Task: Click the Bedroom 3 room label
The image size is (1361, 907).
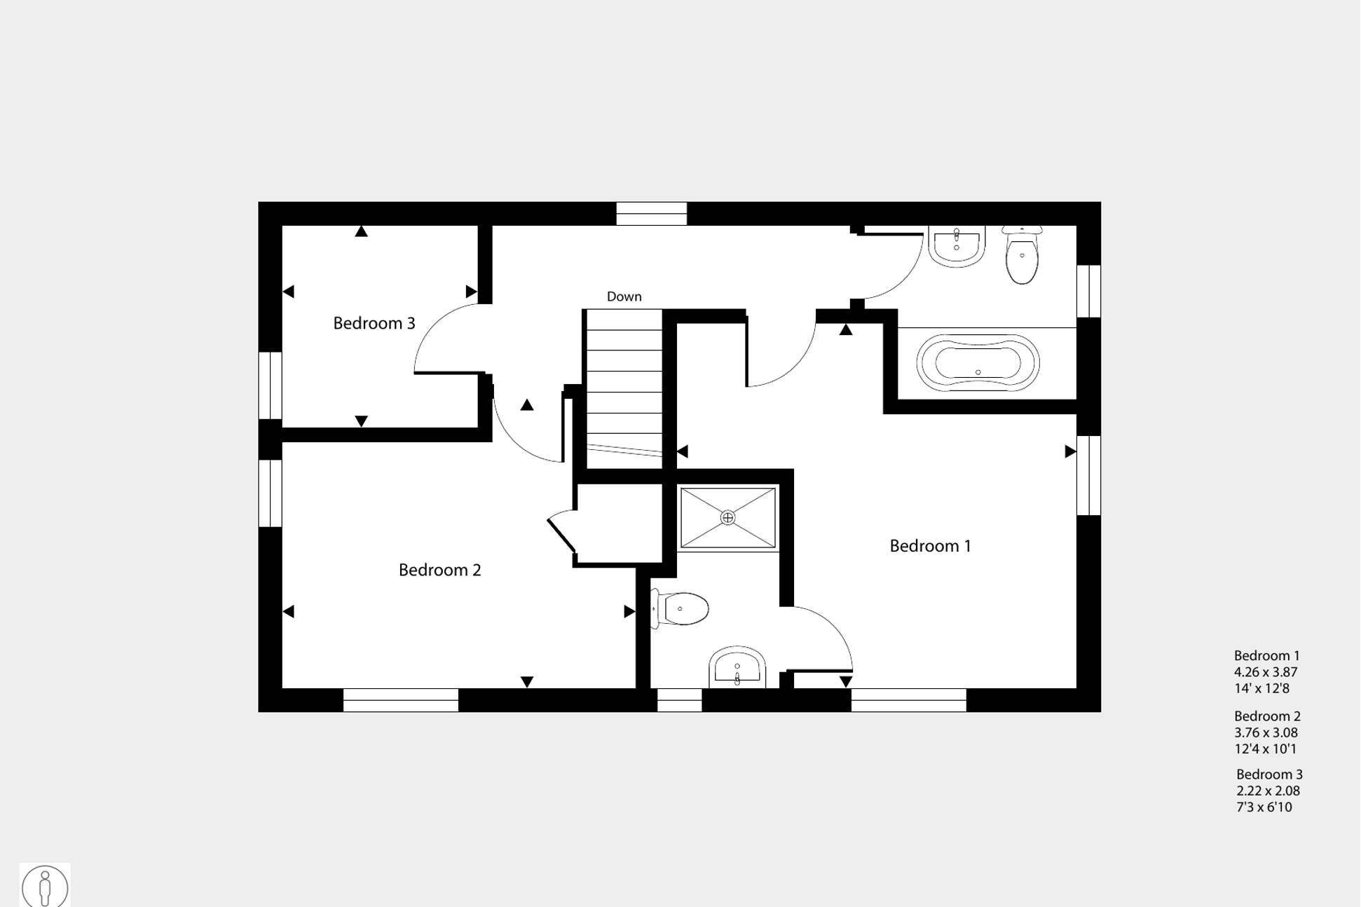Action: (x=374, y=323)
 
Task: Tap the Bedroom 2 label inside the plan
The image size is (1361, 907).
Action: (x=439, y=570)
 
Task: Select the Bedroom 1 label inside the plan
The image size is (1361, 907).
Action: (x=930, y=546)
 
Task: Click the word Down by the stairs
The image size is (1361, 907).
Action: (x=624, y=296)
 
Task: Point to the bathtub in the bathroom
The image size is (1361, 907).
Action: (x=978, y=362)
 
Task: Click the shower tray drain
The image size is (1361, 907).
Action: (x=727, y=518)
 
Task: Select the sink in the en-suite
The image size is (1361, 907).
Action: (x=737, y=667)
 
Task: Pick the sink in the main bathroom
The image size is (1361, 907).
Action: (x=957, y=245)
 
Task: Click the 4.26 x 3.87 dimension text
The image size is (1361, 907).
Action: (x=1266, y=671)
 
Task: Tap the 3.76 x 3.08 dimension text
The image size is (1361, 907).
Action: (x=1266, y=732)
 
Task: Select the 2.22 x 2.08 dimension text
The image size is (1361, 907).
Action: (x=1268, y=791)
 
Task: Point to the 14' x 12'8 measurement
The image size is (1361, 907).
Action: (x=1261, y=688)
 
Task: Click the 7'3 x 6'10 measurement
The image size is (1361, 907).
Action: (x=1264, y=807)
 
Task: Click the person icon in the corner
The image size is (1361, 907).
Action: (x=45, y=886)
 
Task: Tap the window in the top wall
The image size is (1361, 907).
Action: (x=651, y=214)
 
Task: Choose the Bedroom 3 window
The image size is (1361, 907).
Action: (x=271, y=386)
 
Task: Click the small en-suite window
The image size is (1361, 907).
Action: (x=679, y=700)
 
